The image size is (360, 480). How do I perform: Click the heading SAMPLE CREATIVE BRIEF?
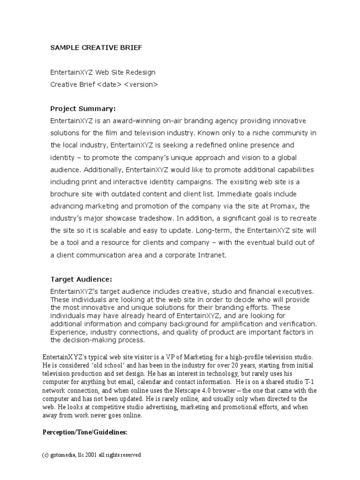pos(96,47)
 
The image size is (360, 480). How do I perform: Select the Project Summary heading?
pos(82,109)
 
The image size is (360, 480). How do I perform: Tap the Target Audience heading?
pos(81,279)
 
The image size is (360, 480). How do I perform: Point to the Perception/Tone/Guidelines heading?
pos(84,433)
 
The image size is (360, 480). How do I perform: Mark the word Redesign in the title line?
pos(141,72)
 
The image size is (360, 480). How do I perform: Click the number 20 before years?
pos(246,365)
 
